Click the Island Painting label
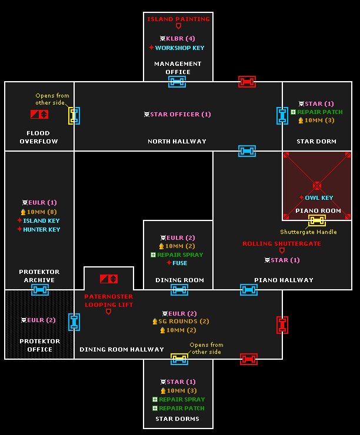(178, 19)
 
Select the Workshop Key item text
(179, 48)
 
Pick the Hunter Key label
(41, 229)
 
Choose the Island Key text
(41, 220)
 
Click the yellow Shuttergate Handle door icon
(317, 220)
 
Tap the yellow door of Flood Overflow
(74, 115)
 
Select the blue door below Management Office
(177, 82)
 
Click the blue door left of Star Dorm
(282, 115)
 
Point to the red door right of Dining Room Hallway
(282, 324)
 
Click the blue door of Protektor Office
(74, 322)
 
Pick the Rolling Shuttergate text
(282, 243)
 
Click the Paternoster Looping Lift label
(108, 300)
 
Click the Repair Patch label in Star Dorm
(319, 112)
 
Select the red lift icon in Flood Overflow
(39, 114)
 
